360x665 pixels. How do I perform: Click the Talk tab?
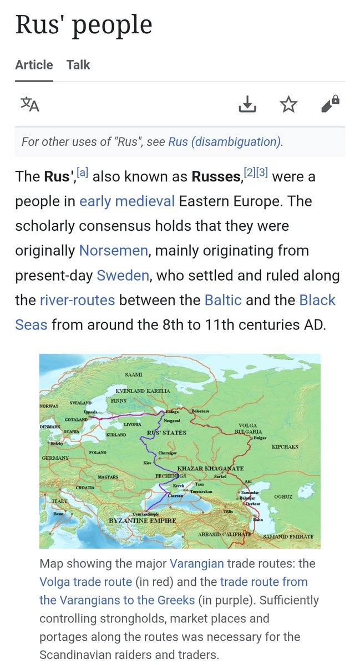[x=78, y=65]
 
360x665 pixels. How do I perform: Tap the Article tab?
[x=34, y=65]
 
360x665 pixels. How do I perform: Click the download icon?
[x=247, y=104]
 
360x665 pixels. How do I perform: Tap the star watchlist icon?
[x=288, y=104]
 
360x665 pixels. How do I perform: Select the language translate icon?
[x=30, y=104]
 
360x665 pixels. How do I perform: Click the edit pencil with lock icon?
[x=330, y=104]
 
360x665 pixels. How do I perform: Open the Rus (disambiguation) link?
[x=225, y=141]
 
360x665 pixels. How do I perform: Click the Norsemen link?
[x=114, y=250]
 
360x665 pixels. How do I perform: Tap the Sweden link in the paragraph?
[x=123, y=275]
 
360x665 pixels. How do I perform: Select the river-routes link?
[x=77, y=300]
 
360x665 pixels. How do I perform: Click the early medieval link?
[x=127, y=201]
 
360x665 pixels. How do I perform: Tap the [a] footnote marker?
[x=83, y=172]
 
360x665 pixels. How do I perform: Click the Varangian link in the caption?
[x=197, y=564]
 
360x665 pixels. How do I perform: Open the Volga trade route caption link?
[x=85, y=582]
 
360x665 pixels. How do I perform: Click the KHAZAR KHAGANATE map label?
[x=210, y=469]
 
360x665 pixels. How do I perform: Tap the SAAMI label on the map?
[x=134, y=375]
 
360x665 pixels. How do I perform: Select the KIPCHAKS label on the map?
[x=285, y=446]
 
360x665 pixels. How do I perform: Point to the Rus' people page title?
[x=83, y=25]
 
